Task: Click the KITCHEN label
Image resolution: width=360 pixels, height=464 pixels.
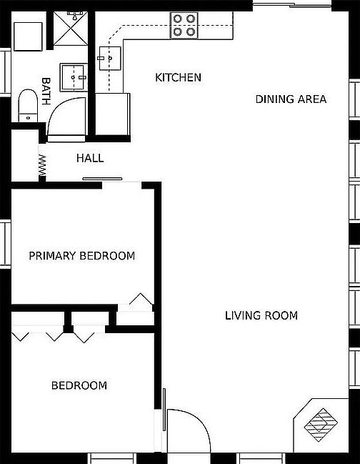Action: click(179, 77)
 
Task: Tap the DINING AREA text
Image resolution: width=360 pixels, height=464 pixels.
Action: click(291, 99)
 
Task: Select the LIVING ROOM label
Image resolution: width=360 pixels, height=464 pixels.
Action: click(261, 315)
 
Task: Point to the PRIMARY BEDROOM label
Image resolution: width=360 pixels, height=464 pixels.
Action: click(82, 256)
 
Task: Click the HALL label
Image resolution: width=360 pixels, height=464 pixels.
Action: click(90, 158)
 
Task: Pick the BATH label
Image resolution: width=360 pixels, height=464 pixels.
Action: click(46, 91)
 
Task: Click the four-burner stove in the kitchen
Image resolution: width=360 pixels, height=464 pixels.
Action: click(184, 26)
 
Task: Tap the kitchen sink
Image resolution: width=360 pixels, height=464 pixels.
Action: click(110, 59)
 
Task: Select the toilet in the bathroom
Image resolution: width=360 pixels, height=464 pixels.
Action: click(28, 106)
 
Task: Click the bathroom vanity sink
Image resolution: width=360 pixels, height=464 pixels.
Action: click(74, 77)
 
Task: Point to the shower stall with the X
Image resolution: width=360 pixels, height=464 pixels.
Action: click(71, 29)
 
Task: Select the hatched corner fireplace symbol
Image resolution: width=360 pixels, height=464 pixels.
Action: click(321, 425)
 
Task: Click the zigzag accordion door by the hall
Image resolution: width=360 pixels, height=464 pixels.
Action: click(42, 165)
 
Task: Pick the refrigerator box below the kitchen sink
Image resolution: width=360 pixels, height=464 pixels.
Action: click(112, 114)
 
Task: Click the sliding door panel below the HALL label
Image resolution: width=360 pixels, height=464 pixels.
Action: click(102, 179)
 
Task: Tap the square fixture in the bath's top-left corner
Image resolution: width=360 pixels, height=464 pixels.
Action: click(28, 36)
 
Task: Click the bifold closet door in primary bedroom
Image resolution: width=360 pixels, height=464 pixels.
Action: click(141, 299)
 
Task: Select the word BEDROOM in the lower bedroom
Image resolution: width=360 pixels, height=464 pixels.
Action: click(79, 385)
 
